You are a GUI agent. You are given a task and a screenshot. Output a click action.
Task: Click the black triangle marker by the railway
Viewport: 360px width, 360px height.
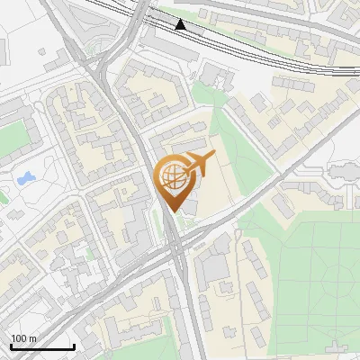182,24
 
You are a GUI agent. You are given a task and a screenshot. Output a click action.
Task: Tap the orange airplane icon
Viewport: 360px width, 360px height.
200,164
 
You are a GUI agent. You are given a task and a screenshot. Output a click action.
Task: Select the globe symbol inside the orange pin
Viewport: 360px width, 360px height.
174,177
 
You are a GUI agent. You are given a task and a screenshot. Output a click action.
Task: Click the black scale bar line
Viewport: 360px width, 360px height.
41,347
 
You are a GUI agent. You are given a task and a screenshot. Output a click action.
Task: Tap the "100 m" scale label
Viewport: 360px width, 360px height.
24,338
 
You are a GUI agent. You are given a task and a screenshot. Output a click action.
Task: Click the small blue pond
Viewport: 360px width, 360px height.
24,179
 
